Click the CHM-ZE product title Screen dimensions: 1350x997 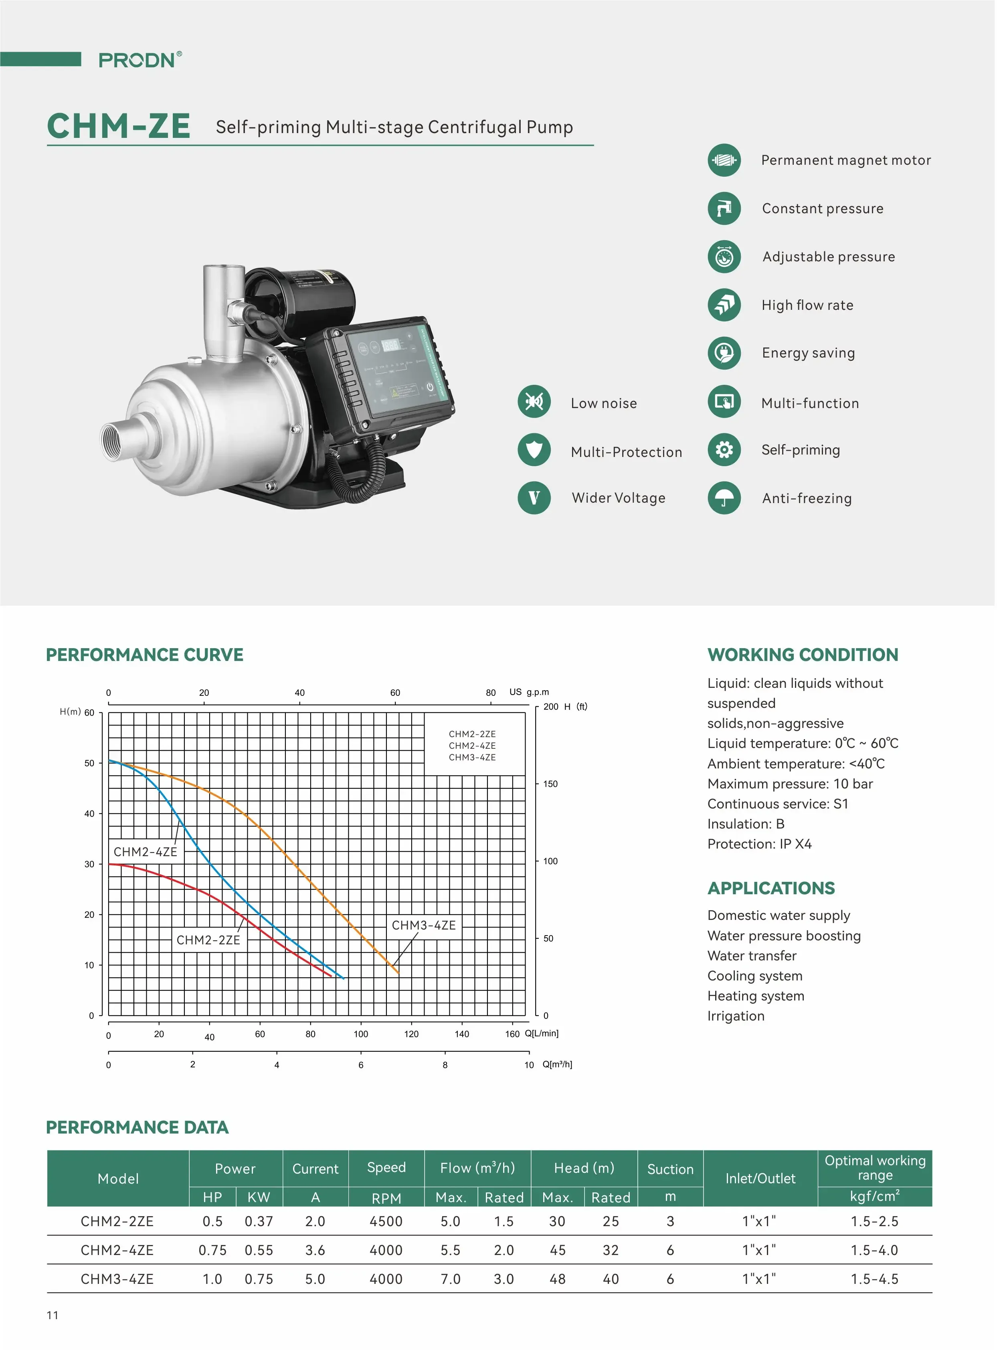click(x=119, y=126)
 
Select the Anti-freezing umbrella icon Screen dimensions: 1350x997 click(x=724, y=498)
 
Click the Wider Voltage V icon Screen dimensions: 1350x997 click(x=534, y=498)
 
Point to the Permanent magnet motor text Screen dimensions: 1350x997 click(x=845, y=160)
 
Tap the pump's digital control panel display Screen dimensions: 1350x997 click(x=399, y=368)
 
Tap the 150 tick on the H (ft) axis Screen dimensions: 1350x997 click(x=550, y=784)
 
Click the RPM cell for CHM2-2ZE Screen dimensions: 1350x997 click(x=386, y=1221)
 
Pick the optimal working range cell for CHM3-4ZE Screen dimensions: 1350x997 click(x=874, y=1279)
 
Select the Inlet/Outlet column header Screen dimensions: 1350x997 click(x=760, y=1178)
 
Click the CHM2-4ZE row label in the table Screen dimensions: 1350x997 click(x=117, y=1251)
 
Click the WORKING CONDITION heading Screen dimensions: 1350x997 click(x=802, y=655)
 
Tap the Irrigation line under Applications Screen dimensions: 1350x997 click(x=735, y=1016)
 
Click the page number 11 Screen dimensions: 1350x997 click(x=53, y=1316)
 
